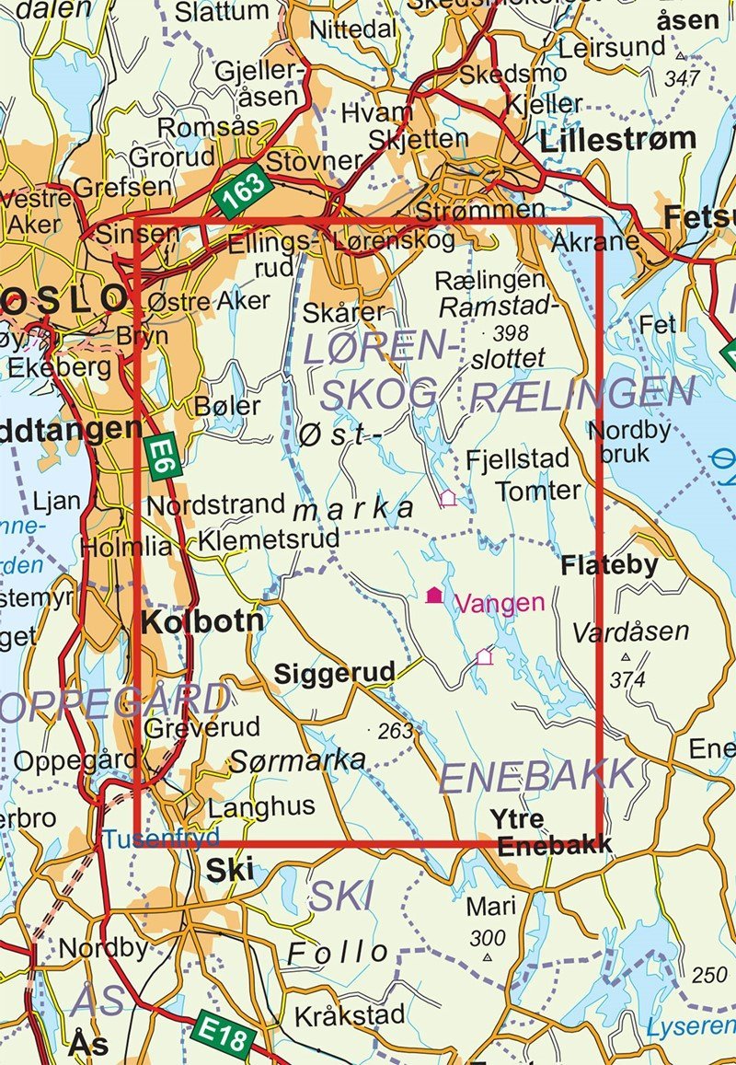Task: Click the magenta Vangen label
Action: click(x=500, y=603)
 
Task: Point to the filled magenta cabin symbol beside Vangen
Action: click(x=434, y=596)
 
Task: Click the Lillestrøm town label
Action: click(x=618, y=139)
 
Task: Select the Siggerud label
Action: click(x=335, y=674)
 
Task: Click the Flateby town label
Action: click(x=610, y=565)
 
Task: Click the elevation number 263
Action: click(x=397, y=731)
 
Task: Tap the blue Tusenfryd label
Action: click(x=161, y=839)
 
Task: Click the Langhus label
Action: click(x=261, y=807)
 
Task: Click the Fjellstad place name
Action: click(x=518, y=458)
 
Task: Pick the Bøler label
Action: click(x=227, y=406)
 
